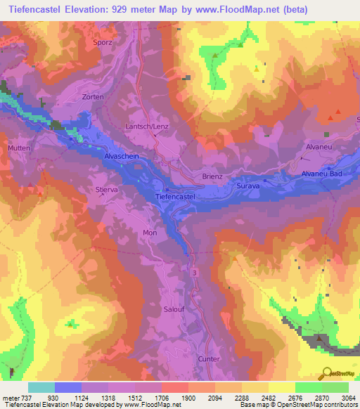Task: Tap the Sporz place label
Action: pyautogui.click(x=103, y=42)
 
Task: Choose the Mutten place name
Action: pyautogui.click(x=19, y=149)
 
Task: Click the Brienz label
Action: pyautogui.click(x=212, y=176)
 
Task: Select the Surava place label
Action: pyautogui.click(x=248, y=187)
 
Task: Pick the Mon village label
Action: pyautogui.click(x=150, y=233)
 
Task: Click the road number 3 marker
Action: pyautogui.click(x=194, y=270)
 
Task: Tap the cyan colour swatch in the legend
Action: pyautogui.click(x=41, y=387)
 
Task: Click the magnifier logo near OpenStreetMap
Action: pyautogui.click(x=326, y=372)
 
